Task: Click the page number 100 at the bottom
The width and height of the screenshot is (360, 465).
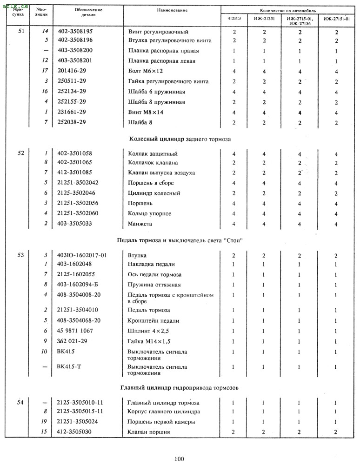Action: pos(179,459)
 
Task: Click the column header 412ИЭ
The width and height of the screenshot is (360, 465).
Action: pos(234,19)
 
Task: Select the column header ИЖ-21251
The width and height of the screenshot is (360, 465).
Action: pos(264,19)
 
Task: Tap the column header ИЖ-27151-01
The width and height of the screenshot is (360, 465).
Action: pos(335,19)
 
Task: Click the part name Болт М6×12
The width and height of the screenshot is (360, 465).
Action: pos(146,71)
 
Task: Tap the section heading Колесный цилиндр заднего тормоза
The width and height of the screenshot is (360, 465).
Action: pos(180,139)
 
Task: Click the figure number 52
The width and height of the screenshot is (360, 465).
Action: pos(21,153)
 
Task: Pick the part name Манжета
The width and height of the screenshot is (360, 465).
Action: pos(140,224)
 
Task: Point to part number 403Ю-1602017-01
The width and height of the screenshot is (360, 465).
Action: pos(82,255)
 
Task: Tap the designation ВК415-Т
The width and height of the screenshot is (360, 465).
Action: pos(67,366)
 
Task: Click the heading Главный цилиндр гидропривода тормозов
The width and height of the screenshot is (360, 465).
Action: pos(180,387)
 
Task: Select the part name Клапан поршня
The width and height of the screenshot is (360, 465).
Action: pos(149,432)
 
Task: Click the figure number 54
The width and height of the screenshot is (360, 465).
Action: pos(20,402)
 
